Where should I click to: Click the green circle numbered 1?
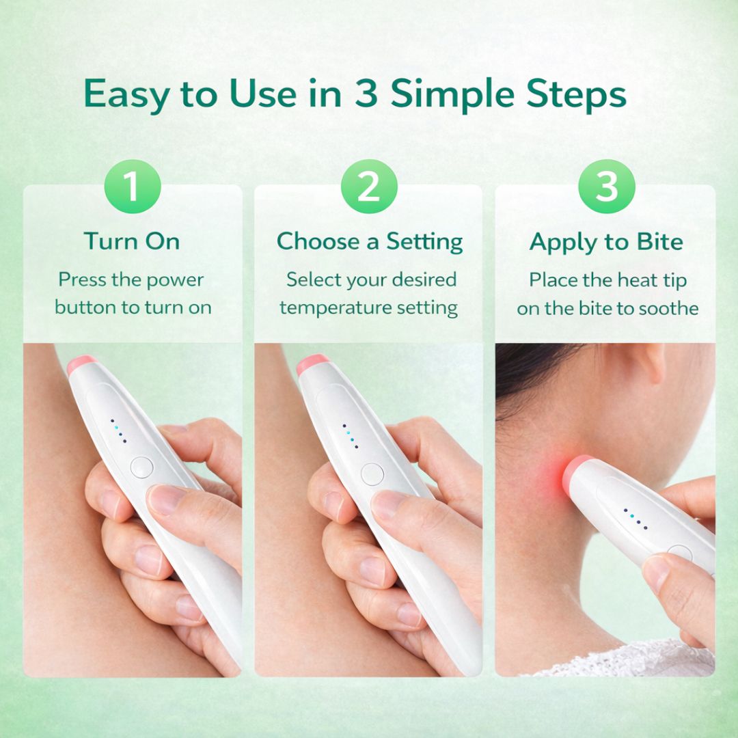click(133, 187)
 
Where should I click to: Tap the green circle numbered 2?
click(369, 187)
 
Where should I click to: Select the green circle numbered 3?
click(607, 187)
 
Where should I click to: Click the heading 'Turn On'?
click(133, 241)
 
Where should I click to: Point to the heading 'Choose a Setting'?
click(370, 241)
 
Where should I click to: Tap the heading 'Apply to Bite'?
click(606, 243)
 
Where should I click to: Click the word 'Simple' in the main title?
click(453, 95)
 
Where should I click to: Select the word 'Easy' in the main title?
click(126, 95)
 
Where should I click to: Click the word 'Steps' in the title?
click(577, 95)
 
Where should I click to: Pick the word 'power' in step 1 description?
click(175, 281)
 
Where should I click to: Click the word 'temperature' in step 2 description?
click(333, 307)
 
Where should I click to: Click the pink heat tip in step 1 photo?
click(81, 364)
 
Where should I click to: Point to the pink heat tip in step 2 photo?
click(312, 364)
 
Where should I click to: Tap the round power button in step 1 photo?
click(141, 467)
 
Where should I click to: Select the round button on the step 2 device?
click(372, 474)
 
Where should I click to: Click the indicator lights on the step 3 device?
click(635, 519)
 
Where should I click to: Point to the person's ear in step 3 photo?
click(652, 361)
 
